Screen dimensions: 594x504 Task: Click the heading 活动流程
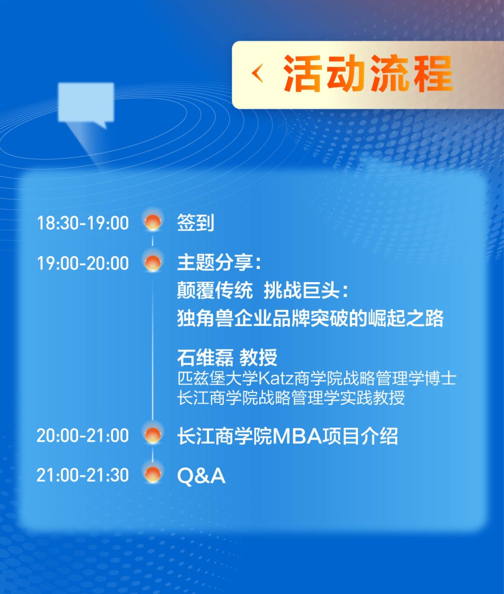[x=367, y=74]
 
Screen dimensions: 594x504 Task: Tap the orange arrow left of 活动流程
[x=257, y=74]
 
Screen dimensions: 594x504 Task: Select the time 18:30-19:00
[x=83, y=223]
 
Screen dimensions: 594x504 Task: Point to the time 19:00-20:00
[x=83, y=263]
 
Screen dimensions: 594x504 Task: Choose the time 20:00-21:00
[x=83, y=435]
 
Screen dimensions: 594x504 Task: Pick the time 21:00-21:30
[x=83, y=475]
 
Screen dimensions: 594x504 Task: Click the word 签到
[x=196, y=223]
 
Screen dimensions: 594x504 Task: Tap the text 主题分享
[x=215, y=263]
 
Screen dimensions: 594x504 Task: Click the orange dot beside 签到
[x=153, y=222]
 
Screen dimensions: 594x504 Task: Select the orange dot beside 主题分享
[x=153, y=262]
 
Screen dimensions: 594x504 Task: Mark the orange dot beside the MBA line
[x=153, y=435]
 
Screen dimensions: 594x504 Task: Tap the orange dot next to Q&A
[x=153, y=475]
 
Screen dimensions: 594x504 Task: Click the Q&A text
[x=201, y=476]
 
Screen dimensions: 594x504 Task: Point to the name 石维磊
[x=205, y=358]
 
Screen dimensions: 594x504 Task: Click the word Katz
[x=276, y=378]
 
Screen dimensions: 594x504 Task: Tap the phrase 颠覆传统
[x=215, y=290]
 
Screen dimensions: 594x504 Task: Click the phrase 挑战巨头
[x=301, y=290]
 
